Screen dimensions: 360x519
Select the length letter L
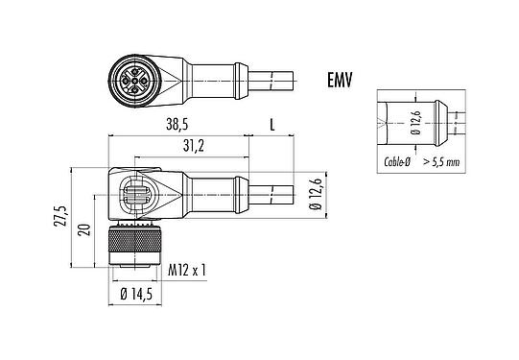[273, 126]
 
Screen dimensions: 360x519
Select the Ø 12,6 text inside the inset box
[415, 123]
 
